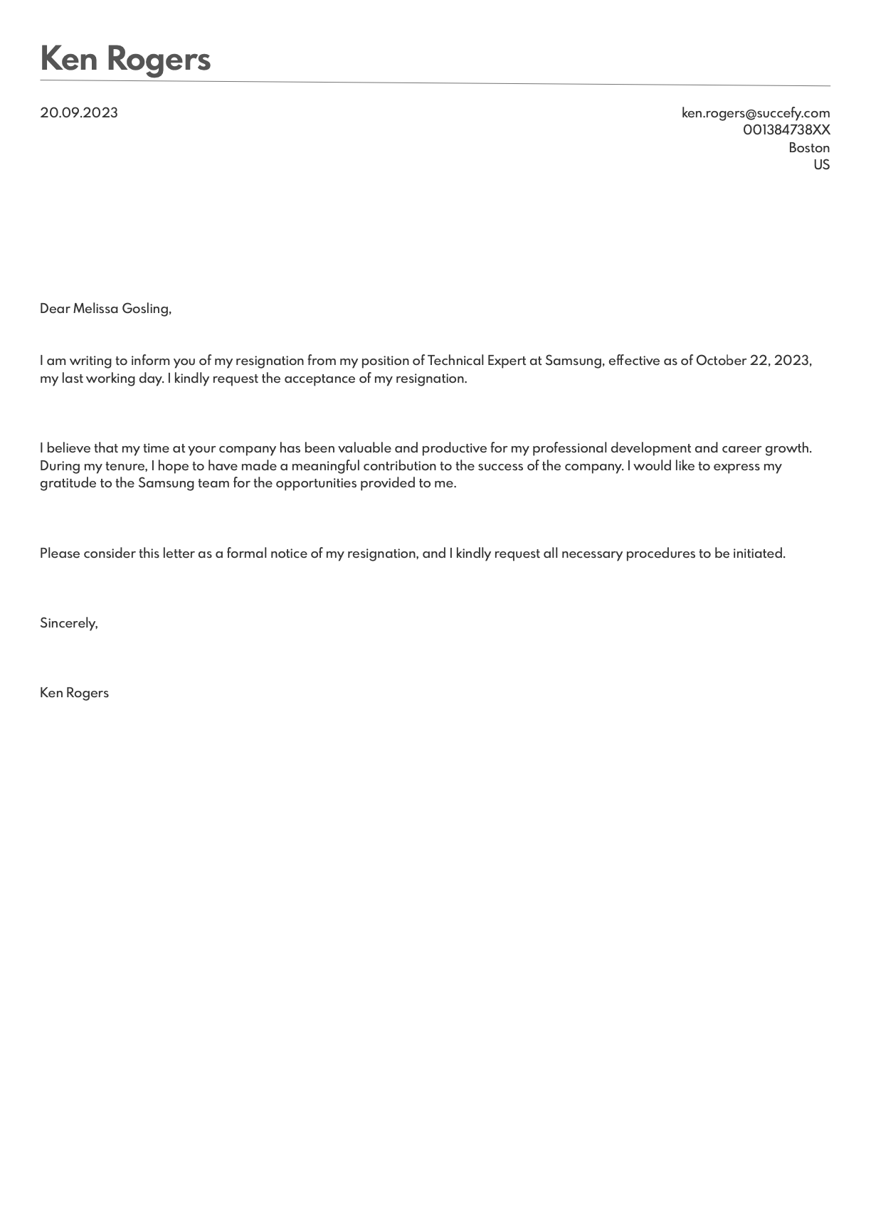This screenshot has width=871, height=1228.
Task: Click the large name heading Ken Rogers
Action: (125, 59)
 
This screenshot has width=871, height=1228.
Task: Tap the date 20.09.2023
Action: (79, 113)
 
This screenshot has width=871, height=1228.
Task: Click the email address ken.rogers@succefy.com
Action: (755, 113)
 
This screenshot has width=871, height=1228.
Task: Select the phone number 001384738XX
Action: (786, 130)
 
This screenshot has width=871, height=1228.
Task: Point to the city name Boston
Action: (808, 148)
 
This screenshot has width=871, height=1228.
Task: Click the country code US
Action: (821, 165)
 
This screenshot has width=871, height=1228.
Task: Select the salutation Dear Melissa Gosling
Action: (105, 309)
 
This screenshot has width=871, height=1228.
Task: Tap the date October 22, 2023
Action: (753, 361)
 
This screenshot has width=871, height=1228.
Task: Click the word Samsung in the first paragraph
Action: (574, 361)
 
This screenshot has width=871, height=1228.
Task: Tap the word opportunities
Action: (316, 483)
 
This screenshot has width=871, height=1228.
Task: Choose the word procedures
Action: (660, 554)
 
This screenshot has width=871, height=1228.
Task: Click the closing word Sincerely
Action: (68, 623)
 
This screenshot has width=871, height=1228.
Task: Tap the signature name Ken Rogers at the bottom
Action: (74, 693)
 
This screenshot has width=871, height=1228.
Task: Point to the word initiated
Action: (759, 554)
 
